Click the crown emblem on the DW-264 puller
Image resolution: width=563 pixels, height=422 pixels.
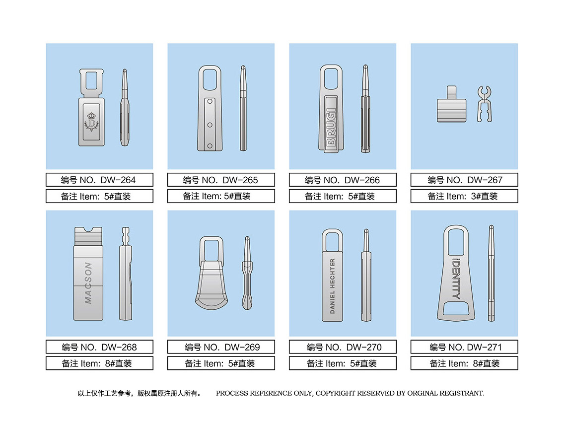(x=91, y=122)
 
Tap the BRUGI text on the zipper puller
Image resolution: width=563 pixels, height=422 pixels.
(x=332, y=128)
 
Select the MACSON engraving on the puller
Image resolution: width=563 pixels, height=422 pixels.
(x=88, y=282)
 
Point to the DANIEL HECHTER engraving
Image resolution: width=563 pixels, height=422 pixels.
(x=332, y=286)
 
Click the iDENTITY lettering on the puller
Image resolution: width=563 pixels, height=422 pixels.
(x=456, y=279)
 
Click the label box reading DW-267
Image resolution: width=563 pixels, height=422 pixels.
(x=464, y=180)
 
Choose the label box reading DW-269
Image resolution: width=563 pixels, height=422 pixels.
(x=221, y=347)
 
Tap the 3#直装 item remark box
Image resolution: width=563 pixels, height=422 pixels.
(x=464, y=196)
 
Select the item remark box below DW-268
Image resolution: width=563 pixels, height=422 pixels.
(x=99, y=363)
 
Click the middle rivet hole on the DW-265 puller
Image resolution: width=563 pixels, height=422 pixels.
(x=210, y=125)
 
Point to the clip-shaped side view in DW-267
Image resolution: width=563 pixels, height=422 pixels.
(x=485, y=103)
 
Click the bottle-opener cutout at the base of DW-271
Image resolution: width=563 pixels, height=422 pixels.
(x=456, y=308)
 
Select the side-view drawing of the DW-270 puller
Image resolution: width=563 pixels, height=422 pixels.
(x=366, y=275)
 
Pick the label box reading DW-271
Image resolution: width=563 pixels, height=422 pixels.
(x=464, y=347)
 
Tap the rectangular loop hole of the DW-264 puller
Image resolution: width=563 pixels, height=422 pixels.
(x=91, y=81)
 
